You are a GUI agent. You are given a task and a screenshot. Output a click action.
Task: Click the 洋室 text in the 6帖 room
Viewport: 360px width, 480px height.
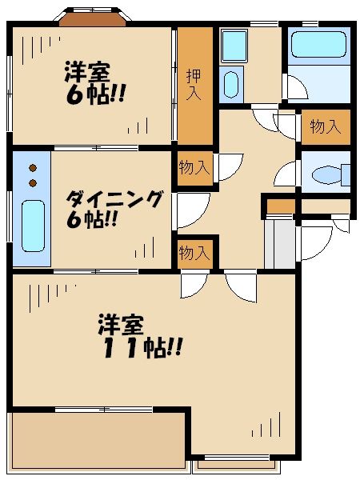87,72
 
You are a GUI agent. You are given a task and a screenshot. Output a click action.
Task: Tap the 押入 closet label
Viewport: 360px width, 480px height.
194,84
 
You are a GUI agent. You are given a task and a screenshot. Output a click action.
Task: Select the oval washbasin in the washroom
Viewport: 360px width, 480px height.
231,83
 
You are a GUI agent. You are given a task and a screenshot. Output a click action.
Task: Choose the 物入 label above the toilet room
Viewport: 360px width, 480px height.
326,126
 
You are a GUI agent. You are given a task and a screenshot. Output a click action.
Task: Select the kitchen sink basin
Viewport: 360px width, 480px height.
32,225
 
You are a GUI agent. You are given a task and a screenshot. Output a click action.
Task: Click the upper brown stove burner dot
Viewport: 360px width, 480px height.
33,169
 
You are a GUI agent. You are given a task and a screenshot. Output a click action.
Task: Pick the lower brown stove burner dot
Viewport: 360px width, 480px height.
33,182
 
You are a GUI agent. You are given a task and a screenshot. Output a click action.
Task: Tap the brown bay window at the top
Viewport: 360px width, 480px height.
93,18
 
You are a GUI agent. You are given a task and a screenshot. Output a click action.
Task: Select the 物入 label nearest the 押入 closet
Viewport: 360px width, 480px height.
194,167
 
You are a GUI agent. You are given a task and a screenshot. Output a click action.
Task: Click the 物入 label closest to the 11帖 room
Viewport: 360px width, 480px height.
194,254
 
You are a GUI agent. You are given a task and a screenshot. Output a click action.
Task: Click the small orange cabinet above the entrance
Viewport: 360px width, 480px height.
280,207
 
